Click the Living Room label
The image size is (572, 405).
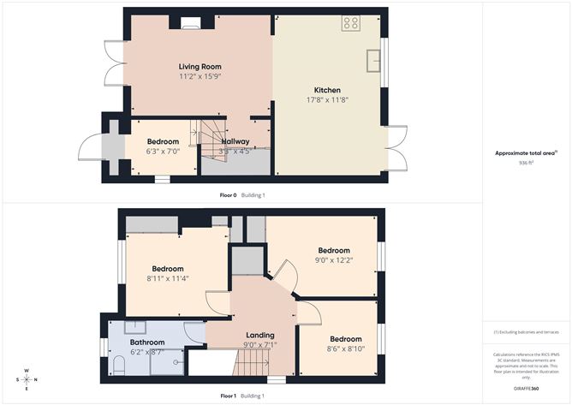(199, 67)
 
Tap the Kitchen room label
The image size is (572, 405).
(327, 90)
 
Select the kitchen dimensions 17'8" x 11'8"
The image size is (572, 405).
(327, 100)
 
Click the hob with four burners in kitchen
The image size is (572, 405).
(350, 24)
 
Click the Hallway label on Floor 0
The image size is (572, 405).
(235, 141)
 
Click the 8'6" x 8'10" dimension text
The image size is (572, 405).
(347, 348)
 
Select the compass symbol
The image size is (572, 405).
(27, 378)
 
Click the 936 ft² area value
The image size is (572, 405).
(526, 163)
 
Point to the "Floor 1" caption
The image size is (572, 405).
(228, 396)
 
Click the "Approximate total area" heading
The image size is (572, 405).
(525, 153)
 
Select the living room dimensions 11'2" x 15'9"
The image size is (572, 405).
(199, 77)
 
